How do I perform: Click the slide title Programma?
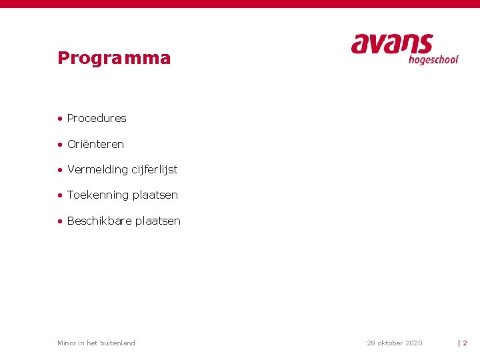[x=114, y=59]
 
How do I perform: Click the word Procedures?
[x=97, y=119]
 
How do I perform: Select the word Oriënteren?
[x=95, y=144]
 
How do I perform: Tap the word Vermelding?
[x=97, y=169]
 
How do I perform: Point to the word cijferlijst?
[x=154, y=170]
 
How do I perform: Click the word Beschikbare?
[x=99, y=221]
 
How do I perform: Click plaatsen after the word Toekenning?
[x=155, y=195]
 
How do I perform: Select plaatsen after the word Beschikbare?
[x=158, y=221]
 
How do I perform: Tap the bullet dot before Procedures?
[x=60, y=119]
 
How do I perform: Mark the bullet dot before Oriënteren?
[x=60, y=145]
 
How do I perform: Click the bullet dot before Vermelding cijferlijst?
[x=60, y=170]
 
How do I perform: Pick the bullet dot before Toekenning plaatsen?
[x=60, y=195]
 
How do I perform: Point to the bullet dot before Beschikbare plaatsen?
[x=60, y=221]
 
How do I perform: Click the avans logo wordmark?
[x=392, y=44]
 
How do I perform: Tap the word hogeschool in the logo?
[x=433, y=60]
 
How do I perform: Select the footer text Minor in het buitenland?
[x=96, y=343]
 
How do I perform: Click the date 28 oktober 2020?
[x=394, y=343]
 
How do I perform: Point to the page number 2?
[x=465, y=343]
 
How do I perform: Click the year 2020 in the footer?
[x=413, y=343]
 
